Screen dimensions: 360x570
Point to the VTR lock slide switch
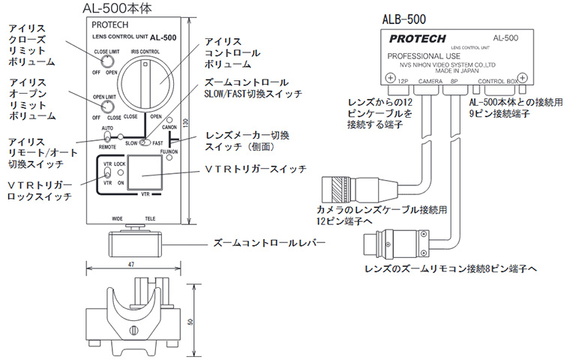106,176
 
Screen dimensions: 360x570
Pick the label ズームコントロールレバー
262,244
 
